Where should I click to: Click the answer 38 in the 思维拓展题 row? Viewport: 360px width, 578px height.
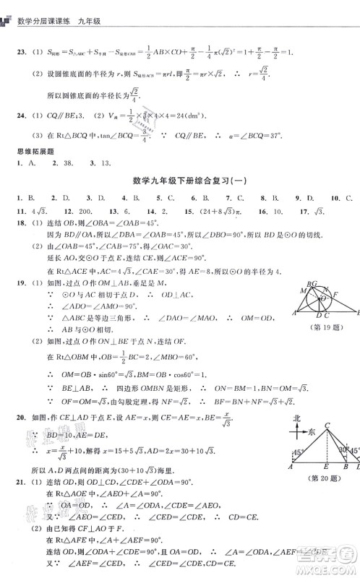click(x=59, y=163)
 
